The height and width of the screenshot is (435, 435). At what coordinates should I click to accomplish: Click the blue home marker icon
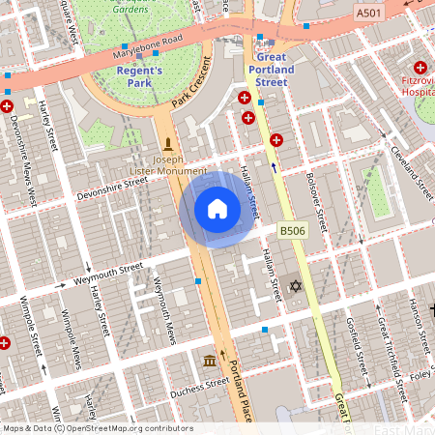click(x=217, y=209)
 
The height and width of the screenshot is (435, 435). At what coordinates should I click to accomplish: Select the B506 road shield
click(x=293, y=229)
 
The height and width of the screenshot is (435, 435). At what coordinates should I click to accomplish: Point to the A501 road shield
click(x=368, y=14)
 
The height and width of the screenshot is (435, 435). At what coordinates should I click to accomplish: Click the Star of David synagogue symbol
click(x=296, y=286)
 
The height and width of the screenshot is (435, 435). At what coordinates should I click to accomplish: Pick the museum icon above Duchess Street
click(x=209, y=361)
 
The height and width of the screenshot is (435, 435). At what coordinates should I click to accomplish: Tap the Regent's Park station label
click(x=142, y=76)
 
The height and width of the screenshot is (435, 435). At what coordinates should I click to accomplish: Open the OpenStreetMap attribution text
click(x=97, y=428)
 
